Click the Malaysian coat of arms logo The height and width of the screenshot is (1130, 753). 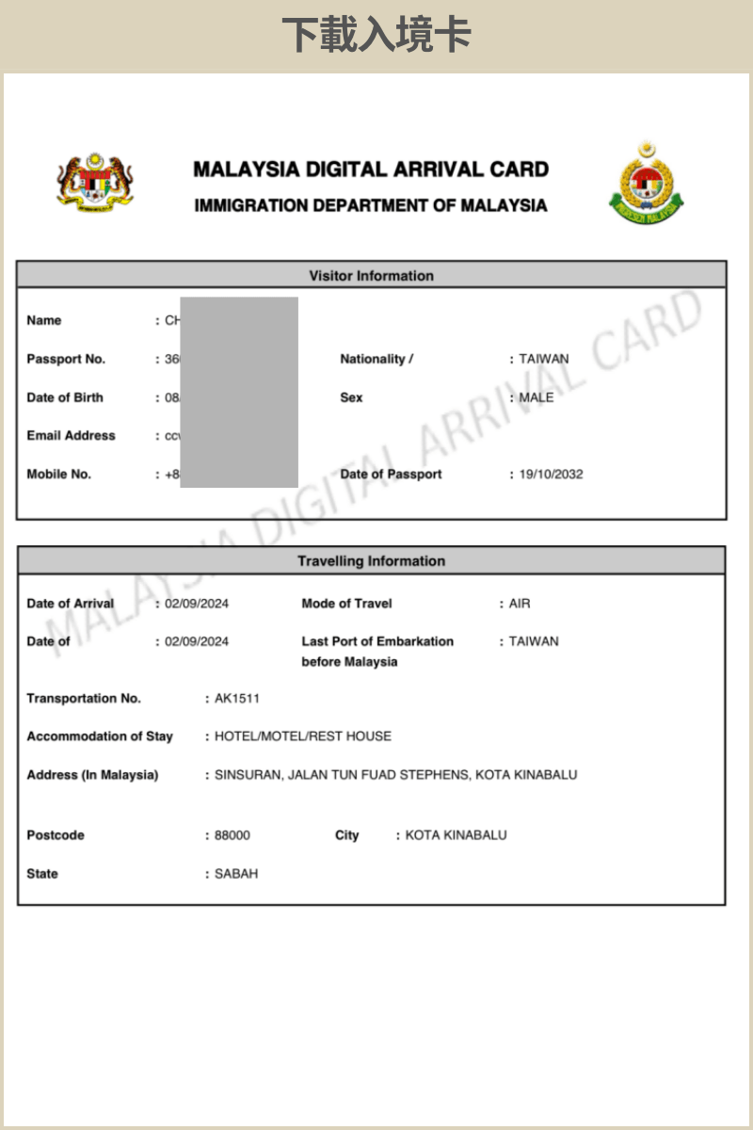pyautogui.click(x=95, y=182)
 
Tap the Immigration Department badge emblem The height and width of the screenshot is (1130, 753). pyautogui.click(x=646, y=183)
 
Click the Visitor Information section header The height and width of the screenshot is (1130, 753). pyautogui.click(x=371, y=276)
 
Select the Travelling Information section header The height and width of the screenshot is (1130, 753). pyautogui.click(x=371, y=561)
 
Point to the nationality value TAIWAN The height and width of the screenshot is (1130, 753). pyautogui.click(x=544, y=359)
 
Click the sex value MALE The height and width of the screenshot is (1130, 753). pyautogui.click(x=537, y=397)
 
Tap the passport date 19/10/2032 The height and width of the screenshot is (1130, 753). pyautogui.click(x=551, y=474)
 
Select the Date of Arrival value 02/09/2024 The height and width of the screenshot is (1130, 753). pyautogui.click(x=197, y=604)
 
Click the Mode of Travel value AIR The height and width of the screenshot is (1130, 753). pyautogui.click(x=520, y=604)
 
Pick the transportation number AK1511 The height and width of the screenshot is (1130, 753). pyautogui.click(x=237, y=699)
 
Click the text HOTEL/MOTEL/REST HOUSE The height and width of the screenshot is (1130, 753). pyautogui.click(x=303, y=736)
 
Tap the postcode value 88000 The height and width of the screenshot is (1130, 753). pyautogui.click(x=232, y=835)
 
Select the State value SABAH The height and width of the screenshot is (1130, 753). pyautogui.click(x=236, y=874)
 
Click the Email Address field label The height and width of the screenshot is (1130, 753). pyautogui.click(x=71, y=436)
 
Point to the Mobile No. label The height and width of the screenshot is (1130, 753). pyautogui.click(x=58, y=475)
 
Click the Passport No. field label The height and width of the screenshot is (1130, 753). pyautogui.click(x=66, y=359)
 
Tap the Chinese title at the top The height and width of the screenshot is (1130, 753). pyautogui.click(x=376, y=36)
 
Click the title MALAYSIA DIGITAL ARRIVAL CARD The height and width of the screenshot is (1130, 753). pyautogui.click(x=371, y=169)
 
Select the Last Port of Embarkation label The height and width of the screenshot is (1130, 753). pyautogui.click(x=377, y=651)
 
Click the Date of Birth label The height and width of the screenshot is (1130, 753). pyautogui.click(x=65, y=397)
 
